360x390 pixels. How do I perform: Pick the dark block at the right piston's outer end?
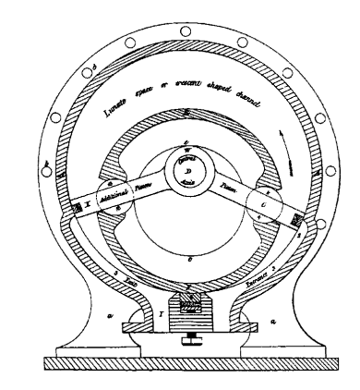(x=296, y=218)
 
